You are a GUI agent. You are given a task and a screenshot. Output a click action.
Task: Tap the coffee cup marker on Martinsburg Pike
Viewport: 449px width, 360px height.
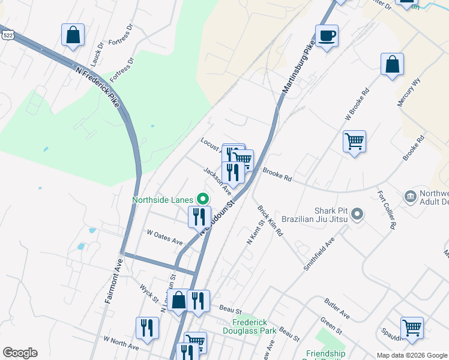tap(327, 35)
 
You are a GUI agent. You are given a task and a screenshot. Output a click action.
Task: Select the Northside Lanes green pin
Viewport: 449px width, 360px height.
tap(203, 199)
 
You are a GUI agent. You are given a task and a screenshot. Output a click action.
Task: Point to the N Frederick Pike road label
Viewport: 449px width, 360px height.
tap(98, 88)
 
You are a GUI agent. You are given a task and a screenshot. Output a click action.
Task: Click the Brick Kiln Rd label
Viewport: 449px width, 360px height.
tap(270, 221)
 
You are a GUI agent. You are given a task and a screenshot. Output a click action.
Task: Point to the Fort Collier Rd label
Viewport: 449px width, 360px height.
tap(386, 210)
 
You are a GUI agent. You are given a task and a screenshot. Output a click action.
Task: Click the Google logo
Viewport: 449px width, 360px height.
tap(20, 353)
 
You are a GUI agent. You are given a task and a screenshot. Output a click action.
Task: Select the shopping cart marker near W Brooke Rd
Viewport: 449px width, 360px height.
tap(354, 142)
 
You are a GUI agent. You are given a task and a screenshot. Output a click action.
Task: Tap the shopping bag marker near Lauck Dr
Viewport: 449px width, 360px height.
tap(73, 35)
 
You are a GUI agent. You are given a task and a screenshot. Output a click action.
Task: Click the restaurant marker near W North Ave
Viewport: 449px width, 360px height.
tap(147, 328)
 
